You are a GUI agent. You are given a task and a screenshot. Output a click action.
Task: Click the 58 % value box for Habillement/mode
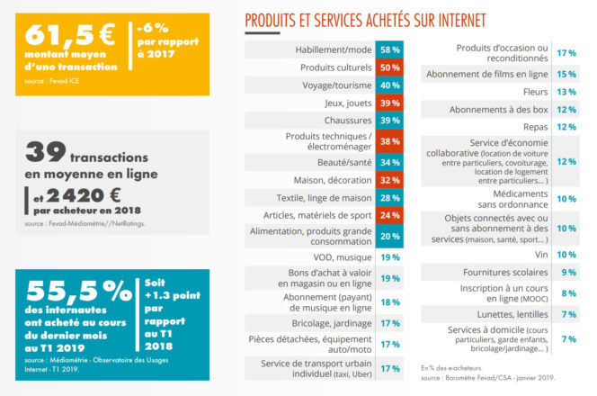point(390,50)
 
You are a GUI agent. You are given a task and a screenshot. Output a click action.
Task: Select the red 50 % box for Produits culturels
point(390,67)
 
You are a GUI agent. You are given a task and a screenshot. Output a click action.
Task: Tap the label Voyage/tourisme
point(337,85)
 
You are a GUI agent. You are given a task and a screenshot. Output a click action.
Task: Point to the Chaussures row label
point(347,120)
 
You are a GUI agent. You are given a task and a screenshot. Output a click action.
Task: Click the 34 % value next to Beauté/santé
point(390,162)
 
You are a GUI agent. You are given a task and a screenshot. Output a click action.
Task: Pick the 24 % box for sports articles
point(390,215)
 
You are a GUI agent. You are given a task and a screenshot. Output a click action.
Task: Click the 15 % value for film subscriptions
point(566,74)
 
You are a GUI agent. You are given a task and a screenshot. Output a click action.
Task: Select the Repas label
point(537,127)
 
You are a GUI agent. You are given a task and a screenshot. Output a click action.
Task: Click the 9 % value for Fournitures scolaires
point(568,272)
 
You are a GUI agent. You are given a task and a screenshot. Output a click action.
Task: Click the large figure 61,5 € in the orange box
point(69,35)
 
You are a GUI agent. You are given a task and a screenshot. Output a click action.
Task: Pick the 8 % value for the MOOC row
point(568,292)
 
